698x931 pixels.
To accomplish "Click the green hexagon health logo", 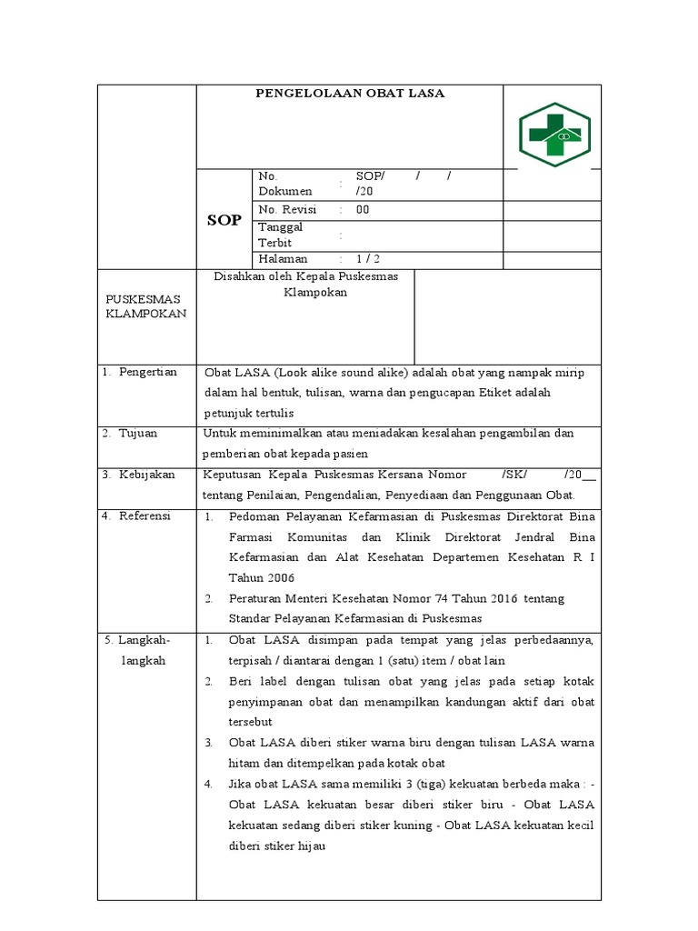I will coord(554,135).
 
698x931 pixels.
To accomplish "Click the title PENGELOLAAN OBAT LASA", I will coord(350,94).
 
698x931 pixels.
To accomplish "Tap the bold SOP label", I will coord(224,220).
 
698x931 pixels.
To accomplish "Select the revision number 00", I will coord(363,209).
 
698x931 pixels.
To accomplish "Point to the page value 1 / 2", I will coord(368,259).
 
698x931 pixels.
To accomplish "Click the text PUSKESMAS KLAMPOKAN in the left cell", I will coord(146,305).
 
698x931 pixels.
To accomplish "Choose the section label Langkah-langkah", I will coord(145,650).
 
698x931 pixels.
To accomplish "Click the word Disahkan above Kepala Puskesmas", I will coord(240,276).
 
